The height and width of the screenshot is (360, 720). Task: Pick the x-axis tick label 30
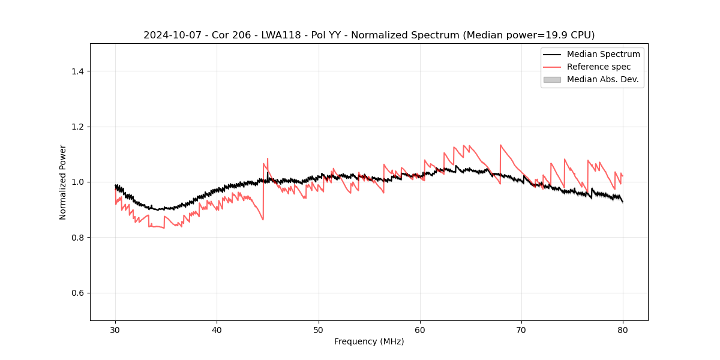[116, 330]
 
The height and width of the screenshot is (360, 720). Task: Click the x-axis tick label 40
[217, 330]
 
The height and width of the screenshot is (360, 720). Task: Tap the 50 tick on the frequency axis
[319, 330]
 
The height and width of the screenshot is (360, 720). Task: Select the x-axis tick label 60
[420, 330]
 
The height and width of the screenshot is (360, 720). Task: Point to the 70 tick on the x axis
[521, 330]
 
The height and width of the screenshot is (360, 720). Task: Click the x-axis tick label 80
[623, 330]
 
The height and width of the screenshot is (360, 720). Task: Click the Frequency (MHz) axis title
[369, 341]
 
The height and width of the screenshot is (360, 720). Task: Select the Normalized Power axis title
[63, 182]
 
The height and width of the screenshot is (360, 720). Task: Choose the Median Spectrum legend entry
[603, 54]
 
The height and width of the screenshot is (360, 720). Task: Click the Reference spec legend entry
[599, 67]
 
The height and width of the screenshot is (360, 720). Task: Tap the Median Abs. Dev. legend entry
[602, 79]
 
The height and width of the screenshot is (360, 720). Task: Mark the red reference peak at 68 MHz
[500, 145]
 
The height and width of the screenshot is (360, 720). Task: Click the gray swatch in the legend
[552, 79]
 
